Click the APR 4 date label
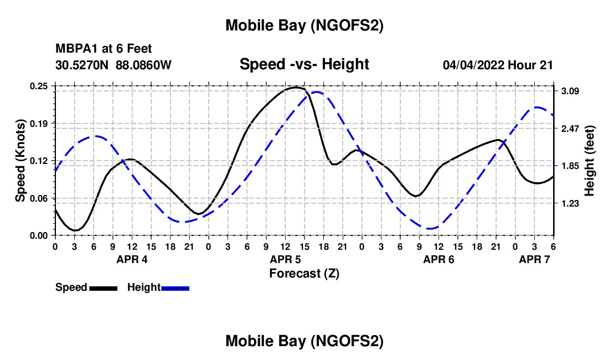click(132, 259)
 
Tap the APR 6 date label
click(439, 259)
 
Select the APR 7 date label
click(534, 259)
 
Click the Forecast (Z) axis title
click(304, 273)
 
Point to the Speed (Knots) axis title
click(20, 161)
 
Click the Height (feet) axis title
click(589, 161)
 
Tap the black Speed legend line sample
click(102, 287)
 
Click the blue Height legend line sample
click(176, 287)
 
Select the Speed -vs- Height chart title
click(304, 64)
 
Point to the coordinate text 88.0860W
click(143, 65)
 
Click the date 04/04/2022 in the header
click(474, 65)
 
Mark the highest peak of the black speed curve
click(296, 87)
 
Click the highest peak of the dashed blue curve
click(317, 92)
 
